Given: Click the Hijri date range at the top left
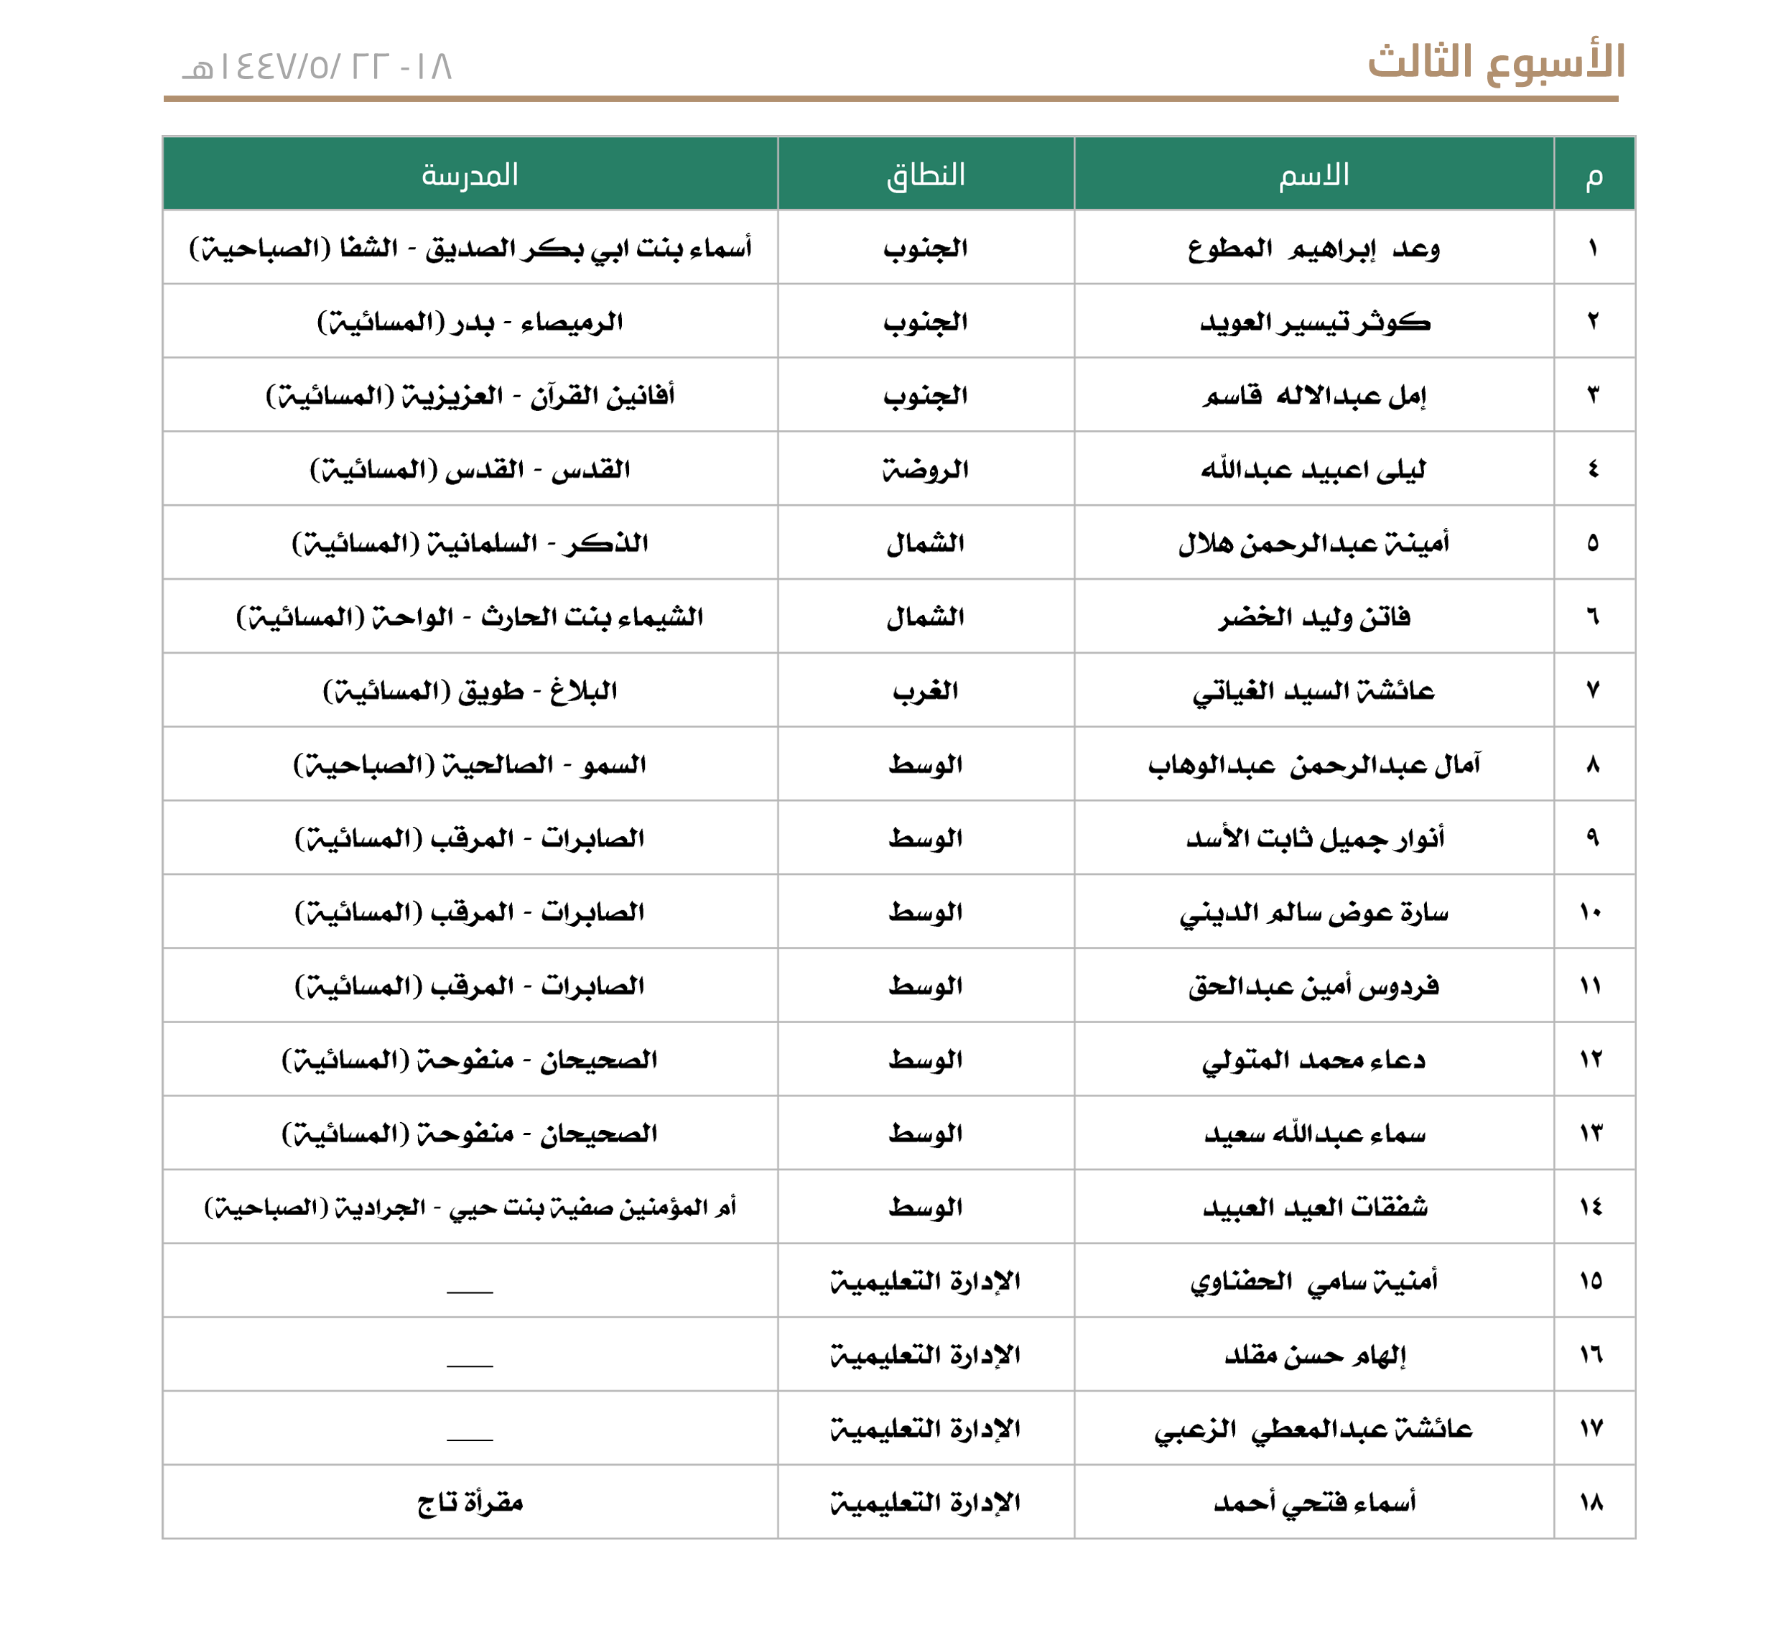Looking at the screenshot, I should (x=317, y=67).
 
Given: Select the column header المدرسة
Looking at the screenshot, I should (x=469, y=174).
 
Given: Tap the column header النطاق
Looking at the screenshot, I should (x=925, y=174).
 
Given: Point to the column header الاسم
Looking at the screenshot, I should (x=1313, y=174).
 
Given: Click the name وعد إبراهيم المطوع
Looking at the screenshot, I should (x=1313, y=249).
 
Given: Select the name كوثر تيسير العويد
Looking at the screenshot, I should (x=1313, y=323).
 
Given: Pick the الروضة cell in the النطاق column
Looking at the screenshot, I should (x=925, y=469).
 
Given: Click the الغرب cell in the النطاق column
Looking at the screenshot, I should (x=925, y=690).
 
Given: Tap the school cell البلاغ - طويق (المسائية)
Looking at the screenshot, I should (x=469, y=690).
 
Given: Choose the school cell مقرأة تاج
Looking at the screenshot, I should (x=469, y=1502).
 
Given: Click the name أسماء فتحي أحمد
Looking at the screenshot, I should (x=1313, y=1502).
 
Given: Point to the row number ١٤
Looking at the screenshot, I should (x=1592, y=1207).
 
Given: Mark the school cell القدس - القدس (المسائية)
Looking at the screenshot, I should (x=469, y=469).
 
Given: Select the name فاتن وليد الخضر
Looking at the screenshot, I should (x=1313, y=617).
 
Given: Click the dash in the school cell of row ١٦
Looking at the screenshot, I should (x=469, y=1365).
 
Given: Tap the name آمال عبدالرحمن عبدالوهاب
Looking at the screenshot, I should (x=1313, y=764).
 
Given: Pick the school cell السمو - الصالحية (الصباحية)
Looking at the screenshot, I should (x=469, y=764).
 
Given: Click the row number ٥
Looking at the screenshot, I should (x=1592, y=542).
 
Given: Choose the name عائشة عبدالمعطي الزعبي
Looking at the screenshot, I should (x=1313, y=1429).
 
